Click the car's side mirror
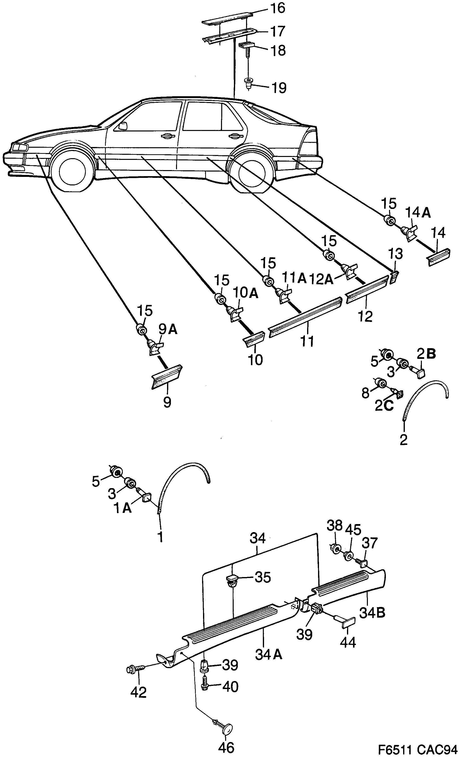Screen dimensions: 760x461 pyautogui.click(x=123, y=126)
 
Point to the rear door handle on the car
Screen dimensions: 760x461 pyautogui.click(x=235, y=136)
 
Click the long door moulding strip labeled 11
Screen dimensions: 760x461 pyautogui.click(x=305, y=317)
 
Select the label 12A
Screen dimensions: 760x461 pyautogui.click(x=321, y=279)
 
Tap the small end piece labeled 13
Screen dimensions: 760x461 pyautogui.click(x=394, y=277)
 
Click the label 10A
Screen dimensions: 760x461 pyautogui.click(x=245, y=293)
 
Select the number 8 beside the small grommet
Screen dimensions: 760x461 pyautogui.click(x=365, y=393)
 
